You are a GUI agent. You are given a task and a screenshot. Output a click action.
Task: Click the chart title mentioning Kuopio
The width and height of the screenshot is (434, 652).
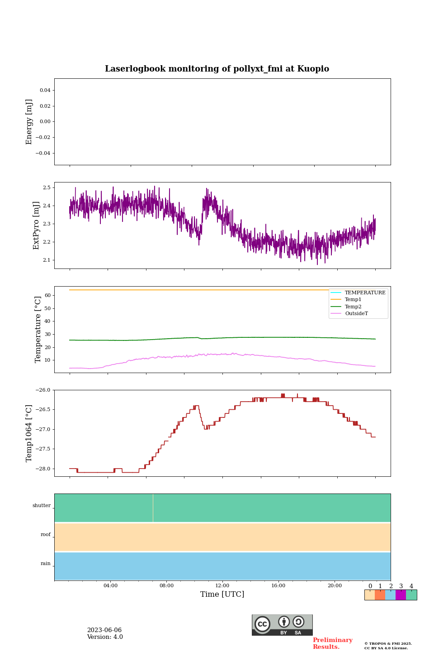click(x=217, y=69)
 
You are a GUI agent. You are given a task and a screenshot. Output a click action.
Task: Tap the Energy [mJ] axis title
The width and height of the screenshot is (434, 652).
click(x=29, y=122)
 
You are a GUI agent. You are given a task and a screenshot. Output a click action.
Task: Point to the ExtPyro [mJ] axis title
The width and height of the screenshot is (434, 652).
click(x=36, y=225)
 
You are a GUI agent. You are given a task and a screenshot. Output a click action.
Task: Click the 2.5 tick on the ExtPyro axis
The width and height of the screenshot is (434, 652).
click(x=46, y=187)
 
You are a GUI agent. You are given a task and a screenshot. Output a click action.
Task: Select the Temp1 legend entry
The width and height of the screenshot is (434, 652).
click(x=353, y=300)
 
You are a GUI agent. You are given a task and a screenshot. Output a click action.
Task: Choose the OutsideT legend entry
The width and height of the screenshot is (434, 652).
click(x=356, y=314)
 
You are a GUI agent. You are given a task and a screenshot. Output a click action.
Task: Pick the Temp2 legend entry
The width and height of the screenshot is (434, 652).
click(x=353, y=307)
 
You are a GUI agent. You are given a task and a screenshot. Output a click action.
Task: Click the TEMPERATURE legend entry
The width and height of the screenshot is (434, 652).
click(x=364, y=293)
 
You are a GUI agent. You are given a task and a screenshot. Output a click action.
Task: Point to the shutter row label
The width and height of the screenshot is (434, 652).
click(x=42, y=506)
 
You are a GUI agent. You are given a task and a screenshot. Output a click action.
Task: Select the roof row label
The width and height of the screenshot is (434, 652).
click(x=46, y=535)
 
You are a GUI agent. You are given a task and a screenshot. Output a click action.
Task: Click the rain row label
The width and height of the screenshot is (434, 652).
click(x=46, y=564)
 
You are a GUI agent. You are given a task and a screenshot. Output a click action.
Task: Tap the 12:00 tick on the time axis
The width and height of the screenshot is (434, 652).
click(x=222, y=586)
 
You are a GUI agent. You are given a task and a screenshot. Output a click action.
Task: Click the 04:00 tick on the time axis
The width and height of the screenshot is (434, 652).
click(x=110, y=586)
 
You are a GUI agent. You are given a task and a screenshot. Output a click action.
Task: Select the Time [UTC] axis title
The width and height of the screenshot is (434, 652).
click(x=222, y=594)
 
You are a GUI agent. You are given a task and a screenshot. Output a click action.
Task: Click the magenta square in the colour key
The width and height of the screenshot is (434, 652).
click(x=401, y=595)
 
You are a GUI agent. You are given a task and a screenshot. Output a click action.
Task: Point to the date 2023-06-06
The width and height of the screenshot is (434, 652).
click(x=104, y=630)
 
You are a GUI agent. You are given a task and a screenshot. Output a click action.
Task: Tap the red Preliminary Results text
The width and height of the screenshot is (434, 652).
click(x=332, y=643)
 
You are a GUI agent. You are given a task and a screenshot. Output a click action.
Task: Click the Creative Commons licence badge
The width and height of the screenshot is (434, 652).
click(x=282, y=625)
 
